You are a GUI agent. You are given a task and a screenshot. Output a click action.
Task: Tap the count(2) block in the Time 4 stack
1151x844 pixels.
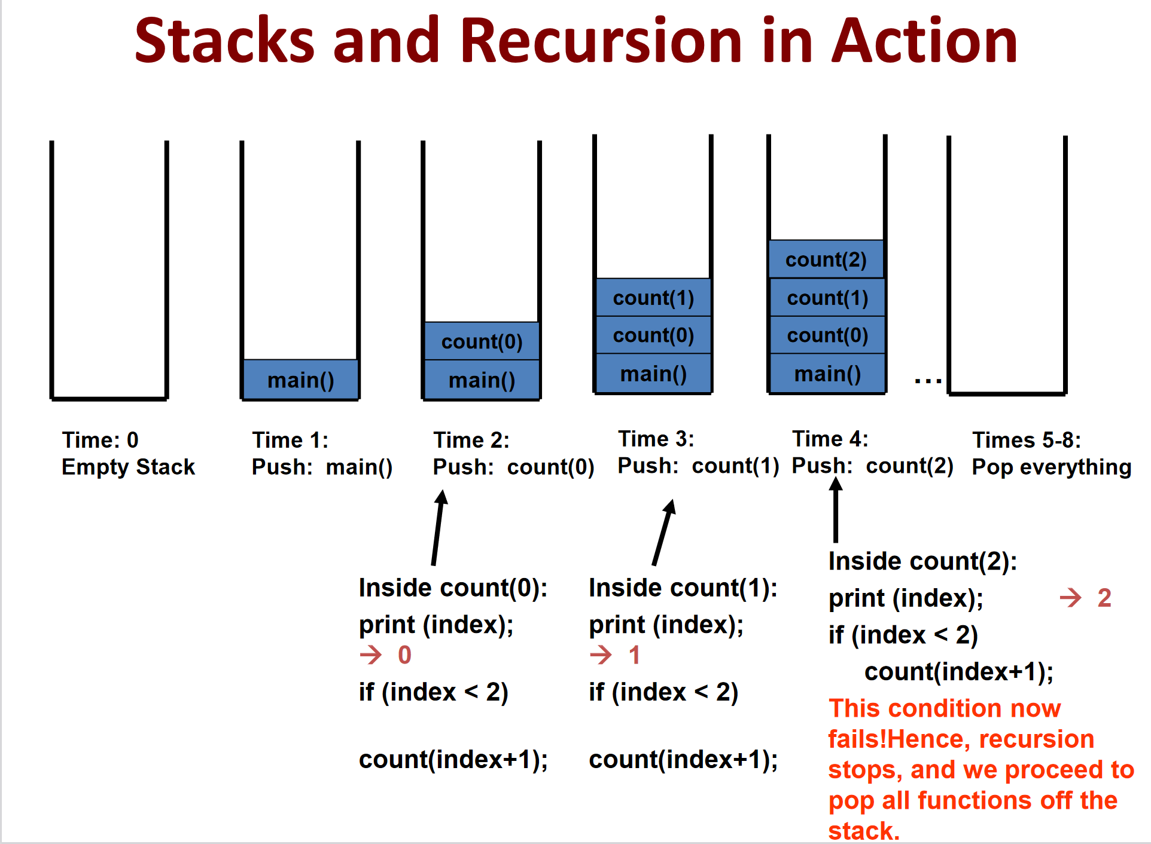[826, 259]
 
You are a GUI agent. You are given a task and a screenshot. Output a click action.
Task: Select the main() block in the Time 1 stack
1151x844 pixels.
[300, 379]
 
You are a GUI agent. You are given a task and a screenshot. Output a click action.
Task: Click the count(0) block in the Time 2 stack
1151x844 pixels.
[482, 341]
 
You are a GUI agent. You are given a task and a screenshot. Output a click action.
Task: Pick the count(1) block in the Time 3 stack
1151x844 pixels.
[653, 297]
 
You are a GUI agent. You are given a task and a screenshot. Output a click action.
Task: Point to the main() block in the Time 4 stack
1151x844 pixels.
[827, 373]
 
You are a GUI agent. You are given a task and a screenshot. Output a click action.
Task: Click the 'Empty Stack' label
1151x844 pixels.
[128, 466]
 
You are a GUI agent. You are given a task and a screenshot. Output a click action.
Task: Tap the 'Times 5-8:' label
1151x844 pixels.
[1027, 440]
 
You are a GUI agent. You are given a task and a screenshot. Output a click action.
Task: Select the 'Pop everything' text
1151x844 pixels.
[1052, 467]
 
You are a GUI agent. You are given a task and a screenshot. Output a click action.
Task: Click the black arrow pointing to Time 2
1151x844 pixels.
[437, 528]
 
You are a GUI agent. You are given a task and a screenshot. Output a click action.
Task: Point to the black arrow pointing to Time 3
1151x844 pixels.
[663, 532]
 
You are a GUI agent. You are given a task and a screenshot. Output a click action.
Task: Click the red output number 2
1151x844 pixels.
[1104, 598]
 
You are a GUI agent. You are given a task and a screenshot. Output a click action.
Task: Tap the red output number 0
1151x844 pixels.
[404, 655]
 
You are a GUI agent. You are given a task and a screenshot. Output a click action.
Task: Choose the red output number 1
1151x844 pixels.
[634, 655]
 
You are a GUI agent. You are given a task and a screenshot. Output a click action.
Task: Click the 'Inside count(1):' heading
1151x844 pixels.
[683, 588]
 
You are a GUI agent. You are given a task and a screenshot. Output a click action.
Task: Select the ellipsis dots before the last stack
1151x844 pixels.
[928, 380]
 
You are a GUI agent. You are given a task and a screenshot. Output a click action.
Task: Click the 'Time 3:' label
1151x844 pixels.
[656, 439]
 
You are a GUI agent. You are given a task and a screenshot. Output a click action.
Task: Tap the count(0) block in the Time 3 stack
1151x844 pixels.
[653, 335]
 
